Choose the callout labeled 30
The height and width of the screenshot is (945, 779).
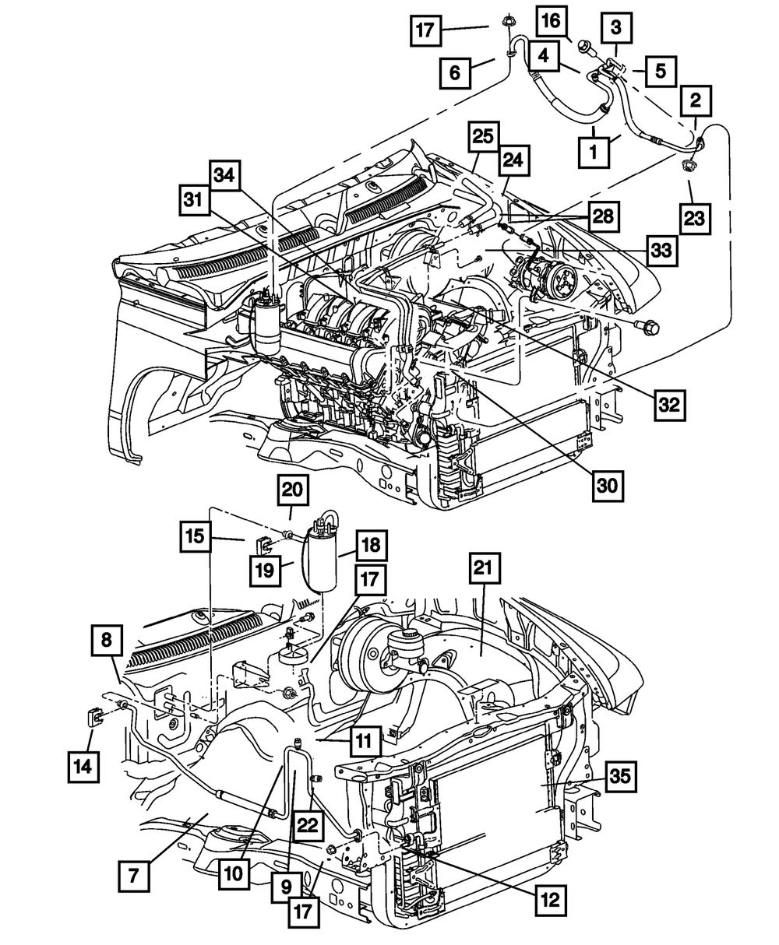click(606, 485)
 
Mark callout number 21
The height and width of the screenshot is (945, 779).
click(483, 570)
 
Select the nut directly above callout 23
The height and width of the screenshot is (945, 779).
click(689, 167)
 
